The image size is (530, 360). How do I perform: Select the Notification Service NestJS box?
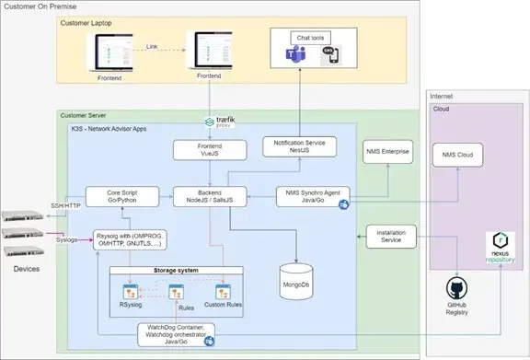[x=298, y=146]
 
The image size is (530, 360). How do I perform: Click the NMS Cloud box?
[x=463, y=156]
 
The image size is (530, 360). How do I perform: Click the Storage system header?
[x=175, y=271]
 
